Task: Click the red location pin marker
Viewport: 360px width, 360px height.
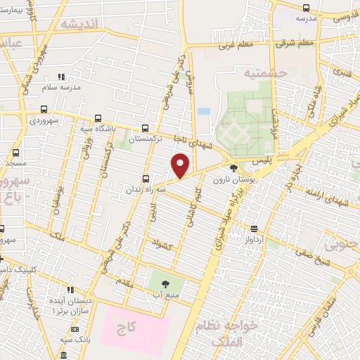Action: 181,165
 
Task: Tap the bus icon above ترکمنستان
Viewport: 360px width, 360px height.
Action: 146,129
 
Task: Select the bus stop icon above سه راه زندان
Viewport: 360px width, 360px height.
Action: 146,179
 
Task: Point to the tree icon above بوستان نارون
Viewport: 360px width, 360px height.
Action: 233,168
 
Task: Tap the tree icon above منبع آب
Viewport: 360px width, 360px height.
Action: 166,285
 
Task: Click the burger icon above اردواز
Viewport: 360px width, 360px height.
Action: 255,228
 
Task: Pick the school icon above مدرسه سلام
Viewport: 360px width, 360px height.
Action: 61,77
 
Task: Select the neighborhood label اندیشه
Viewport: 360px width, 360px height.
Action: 82,24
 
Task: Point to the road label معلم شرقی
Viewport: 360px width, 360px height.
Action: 295,44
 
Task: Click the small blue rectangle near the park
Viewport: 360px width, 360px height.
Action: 204,111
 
